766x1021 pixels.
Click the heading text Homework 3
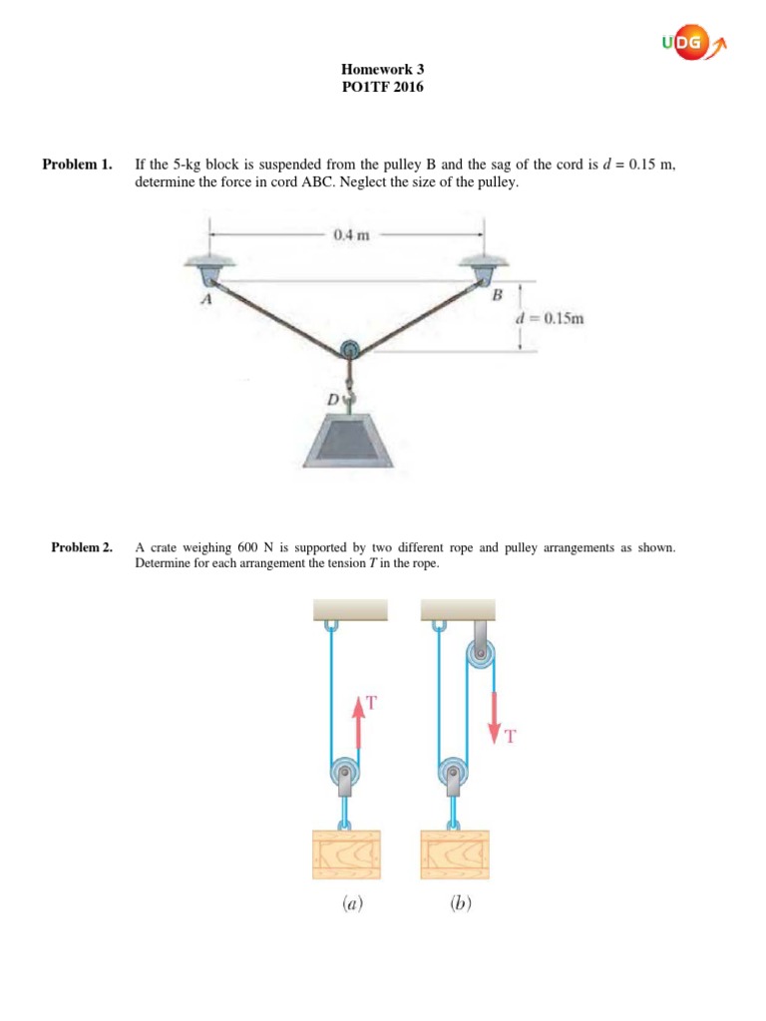tap(383, 70)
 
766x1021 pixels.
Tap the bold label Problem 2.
tap(82, 547)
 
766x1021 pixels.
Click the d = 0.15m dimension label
tap(549, 319)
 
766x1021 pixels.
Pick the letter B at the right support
tap(496, 296)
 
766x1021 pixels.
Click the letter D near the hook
tap(334, 399)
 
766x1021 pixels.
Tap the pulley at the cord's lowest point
tap(349, 350)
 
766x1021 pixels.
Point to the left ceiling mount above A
tap(209, 264)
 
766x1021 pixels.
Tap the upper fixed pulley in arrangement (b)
tap(481, 654)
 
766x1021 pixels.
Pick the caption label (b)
tap(459, 904)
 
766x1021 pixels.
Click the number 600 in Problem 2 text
tap(250, 547)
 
